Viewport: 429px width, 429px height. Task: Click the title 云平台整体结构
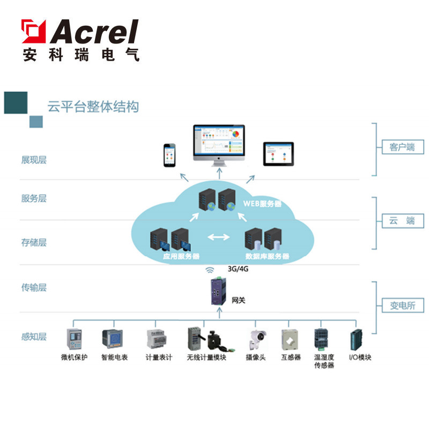[93, 107]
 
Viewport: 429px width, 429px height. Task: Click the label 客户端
[402, 147]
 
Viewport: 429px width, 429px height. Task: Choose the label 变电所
[402, 306]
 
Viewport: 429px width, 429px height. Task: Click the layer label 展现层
[34, 160]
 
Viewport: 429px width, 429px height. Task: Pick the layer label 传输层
[34, 287]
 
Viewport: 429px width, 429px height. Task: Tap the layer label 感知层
[34, 337]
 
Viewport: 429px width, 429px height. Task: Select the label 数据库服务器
[267, 257]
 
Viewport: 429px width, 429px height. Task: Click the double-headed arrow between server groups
[218, 236]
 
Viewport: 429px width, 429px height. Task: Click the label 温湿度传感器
[324, 361]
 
